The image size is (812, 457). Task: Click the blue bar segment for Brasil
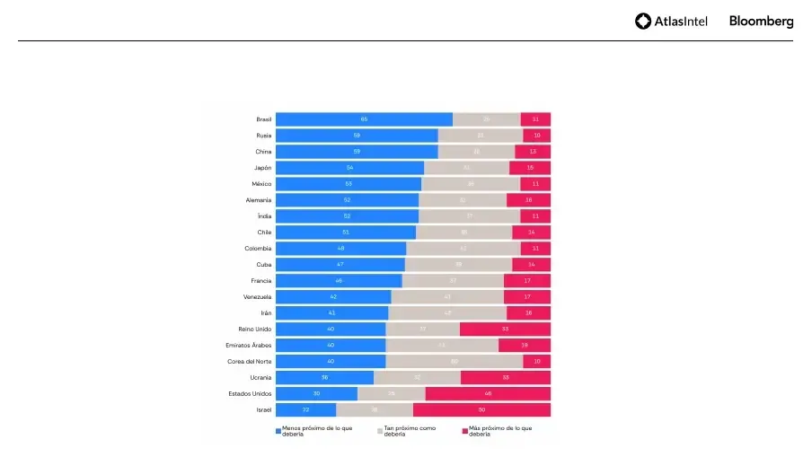pos(364,119)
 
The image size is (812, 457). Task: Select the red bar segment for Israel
pos(481,409)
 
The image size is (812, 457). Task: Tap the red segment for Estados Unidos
pos(488,393)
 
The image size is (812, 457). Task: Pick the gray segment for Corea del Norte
pos(455,361)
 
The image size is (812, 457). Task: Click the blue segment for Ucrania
pos(324,377)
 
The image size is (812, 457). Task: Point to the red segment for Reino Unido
pos(505,329)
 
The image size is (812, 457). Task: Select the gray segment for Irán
pos(447,312)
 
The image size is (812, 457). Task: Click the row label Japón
pos(261,168)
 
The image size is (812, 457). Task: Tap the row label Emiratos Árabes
pos(249,345)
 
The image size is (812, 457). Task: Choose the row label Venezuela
pos(257,296)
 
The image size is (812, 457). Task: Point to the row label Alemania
pos(258,200)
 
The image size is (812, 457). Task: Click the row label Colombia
pos(258,249)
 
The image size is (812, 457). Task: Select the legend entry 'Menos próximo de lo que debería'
pos(314,431)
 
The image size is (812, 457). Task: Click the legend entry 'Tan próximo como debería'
pos(409,431)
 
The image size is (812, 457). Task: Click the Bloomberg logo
pos(761,22)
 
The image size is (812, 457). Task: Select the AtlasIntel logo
pos(671,22)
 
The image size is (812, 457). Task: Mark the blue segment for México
pos(348,184)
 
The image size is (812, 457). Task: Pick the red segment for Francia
pos(527,280)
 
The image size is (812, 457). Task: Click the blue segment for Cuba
pos(340,264)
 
